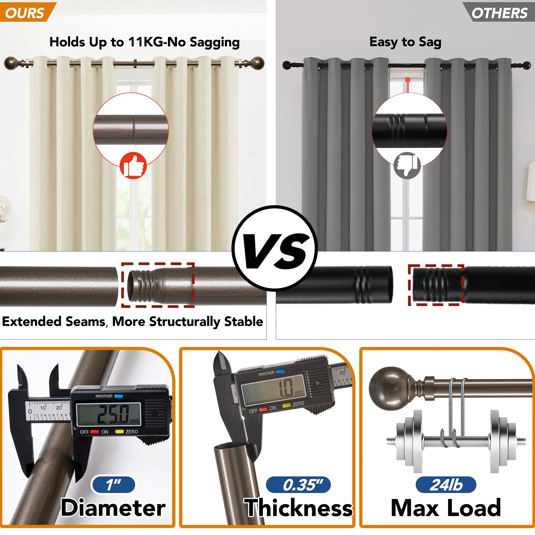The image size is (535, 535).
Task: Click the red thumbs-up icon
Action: pyautogui.click(x=133, y=165)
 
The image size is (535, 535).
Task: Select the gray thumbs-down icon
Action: pyautogui.click(x=407, y=165)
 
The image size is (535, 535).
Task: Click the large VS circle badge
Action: pyautogui.click(x=275, y=248)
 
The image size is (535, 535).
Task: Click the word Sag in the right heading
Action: pyautogui.click(x=430, y=42)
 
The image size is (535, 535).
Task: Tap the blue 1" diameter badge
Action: pyautogui.click(x=113, y=485)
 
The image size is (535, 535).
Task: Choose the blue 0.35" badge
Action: pyautogui.click(x=298, y=485)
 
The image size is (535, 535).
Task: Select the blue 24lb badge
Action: pyautogui.click(x=446, y=485)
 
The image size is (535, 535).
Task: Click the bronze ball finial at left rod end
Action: pyautogui.click(x=11, y=63)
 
